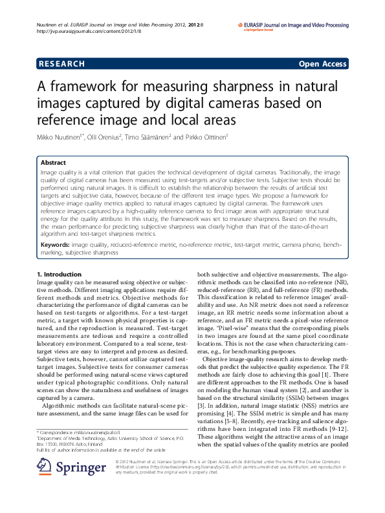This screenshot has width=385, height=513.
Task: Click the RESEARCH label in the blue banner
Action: click(63, 64)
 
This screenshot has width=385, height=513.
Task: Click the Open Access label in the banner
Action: click(322, 64)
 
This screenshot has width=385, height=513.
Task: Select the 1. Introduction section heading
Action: click(59, 275)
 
